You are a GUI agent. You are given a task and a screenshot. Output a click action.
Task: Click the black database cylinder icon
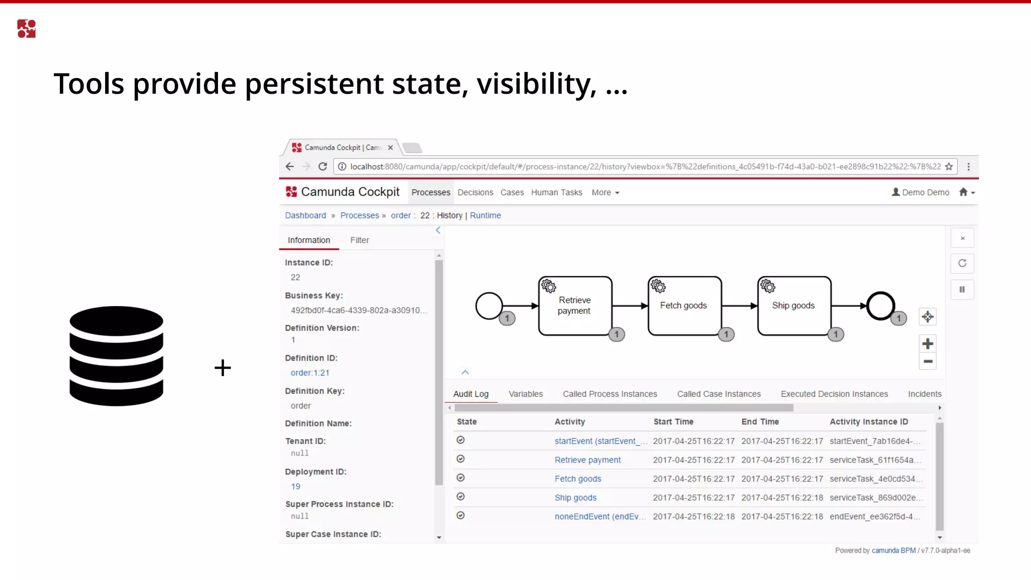[116, 356]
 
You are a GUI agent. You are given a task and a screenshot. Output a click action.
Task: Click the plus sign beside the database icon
[223, 368]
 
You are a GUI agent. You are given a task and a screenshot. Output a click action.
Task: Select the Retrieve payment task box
[575, 306]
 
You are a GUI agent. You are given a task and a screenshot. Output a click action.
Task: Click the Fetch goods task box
[684, 306]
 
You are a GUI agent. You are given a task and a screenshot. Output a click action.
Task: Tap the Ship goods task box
[794, 306]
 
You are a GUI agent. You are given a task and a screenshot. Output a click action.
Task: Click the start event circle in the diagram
[488, 306]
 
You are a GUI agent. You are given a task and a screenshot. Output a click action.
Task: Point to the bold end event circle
[880, 306]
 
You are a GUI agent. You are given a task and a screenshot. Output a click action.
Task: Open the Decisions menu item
[475, 192]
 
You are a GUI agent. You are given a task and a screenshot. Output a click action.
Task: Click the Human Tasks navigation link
[556, 192]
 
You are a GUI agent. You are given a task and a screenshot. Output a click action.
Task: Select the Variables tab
[526, 394]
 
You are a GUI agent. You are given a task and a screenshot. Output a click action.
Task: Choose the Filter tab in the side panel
[359, 240]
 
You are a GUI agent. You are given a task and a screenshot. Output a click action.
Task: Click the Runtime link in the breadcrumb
[485, 215]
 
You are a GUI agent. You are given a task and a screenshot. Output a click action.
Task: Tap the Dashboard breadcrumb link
[306, 215]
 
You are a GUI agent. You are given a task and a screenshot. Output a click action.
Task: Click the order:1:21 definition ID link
[310, 373]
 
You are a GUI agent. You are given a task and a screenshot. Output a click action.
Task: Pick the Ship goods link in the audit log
[575, 497]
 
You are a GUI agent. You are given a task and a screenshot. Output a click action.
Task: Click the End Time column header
[760, 422]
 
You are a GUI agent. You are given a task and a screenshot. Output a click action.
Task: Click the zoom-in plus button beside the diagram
[927, 344]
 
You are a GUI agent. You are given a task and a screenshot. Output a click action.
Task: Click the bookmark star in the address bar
[949, 167]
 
